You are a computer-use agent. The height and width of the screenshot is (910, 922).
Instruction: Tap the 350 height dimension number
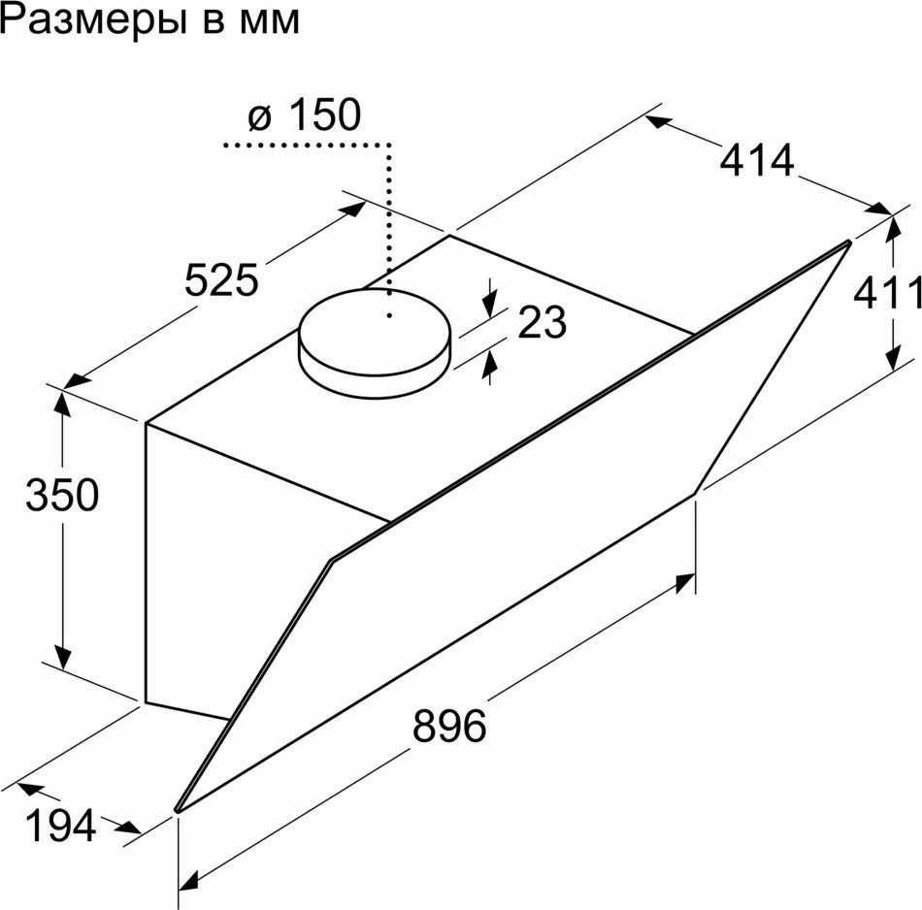point(61,496)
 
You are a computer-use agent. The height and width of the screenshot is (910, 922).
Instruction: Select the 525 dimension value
point(221,281)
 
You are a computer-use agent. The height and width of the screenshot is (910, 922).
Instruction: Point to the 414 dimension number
point(757,160)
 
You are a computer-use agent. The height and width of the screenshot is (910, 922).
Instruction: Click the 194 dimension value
point(60,827)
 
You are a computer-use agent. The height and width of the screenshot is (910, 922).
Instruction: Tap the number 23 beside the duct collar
point(542,323)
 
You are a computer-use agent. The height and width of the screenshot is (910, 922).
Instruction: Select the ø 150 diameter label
point(304,115)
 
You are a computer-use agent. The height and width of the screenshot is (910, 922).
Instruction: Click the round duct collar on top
point(376,344)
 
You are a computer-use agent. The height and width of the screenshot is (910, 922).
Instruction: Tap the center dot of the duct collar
point(389,315)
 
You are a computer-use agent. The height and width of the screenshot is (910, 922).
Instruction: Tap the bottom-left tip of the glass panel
point(178,808)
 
